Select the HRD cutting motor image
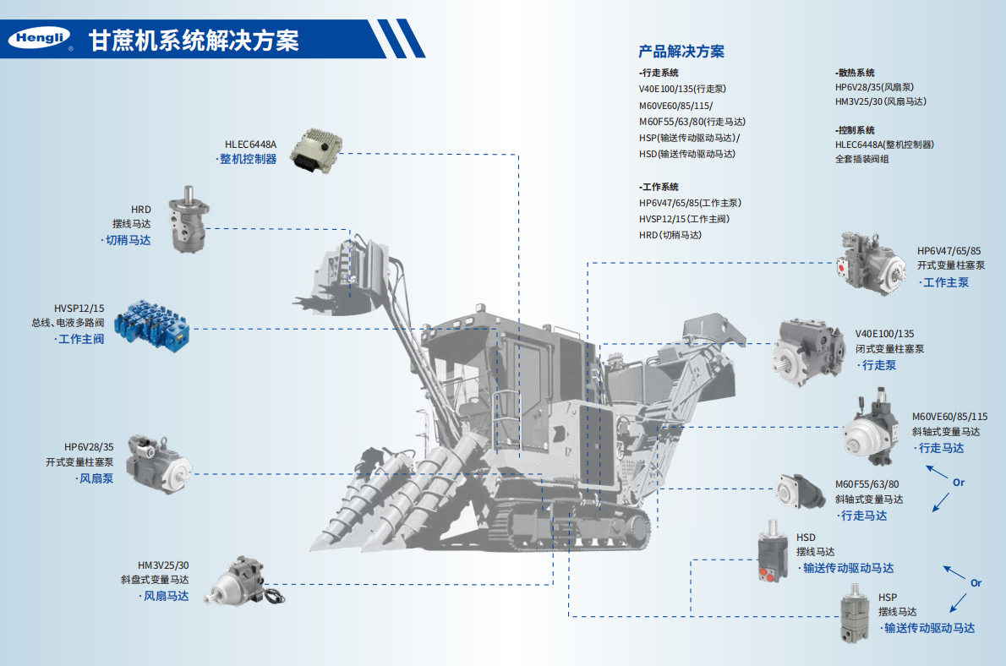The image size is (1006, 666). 187,218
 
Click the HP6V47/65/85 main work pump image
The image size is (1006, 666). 872,265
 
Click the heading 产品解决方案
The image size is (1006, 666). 681,52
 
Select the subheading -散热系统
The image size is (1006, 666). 855,73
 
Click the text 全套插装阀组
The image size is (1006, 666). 861,159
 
